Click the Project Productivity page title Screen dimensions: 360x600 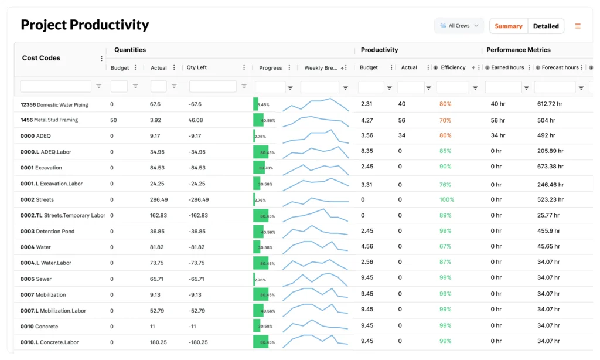85,25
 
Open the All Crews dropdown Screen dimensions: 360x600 459,26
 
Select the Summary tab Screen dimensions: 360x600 508,26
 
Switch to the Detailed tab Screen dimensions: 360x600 546,26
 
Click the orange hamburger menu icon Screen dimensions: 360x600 578,26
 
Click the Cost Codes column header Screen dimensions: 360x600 41,58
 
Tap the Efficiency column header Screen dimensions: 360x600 453,68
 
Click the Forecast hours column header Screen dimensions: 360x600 560,68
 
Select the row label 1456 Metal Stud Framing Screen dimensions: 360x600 49,120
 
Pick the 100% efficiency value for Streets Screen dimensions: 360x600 446,200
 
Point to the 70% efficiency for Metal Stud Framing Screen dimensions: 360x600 445,120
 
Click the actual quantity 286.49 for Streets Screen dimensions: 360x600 159,200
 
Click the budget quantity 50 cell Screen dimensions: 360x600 114,120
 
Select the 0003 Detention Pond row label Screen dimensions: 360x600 47,232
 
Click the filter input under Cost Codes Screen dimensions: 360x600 56,87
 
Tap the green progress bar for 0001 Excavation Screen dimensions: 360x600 258,168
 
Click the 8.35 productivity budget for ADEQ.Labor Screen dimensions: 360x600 367,151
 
